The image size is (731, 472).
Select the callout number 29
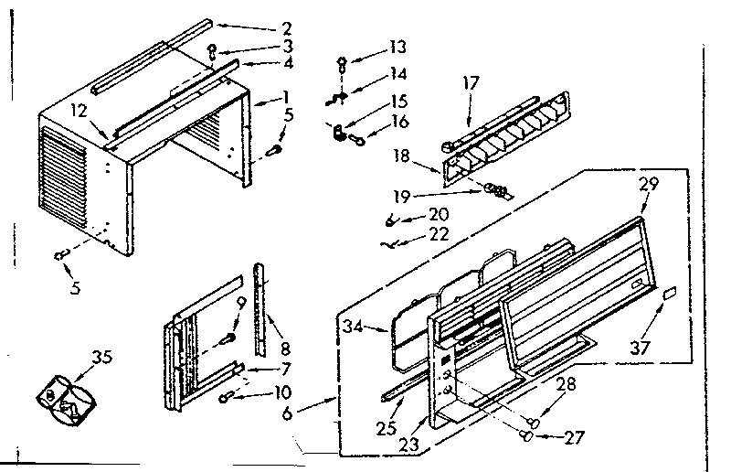pyautogui.click(x=649, y=185)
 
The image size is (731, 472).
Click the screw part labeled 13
pyautogui.click(x=341, y=63)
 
